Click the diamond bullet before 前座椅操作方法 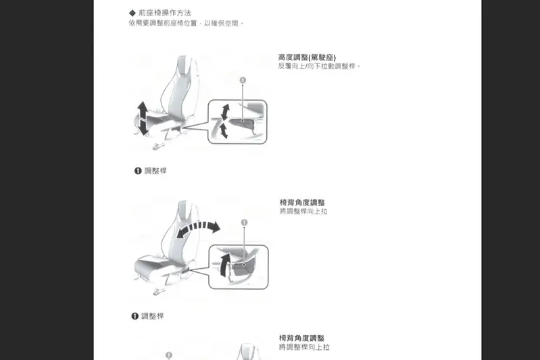[x=132, y=13]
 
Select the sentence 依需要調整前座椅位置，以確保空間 [x=185, y=23]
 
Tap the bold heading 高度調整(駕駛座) [x=307, y=57]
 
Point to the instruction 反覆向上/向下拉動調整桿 [x=319, y=66]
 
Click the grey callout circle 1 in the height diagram [x=243, y=80]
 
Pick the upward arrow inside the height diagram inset [x=226, y=111]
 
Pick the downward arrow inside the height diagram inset [x=224, y=132]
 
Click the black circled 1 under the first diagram [x=138, y=171]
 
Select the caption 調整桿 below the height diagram [x=155, y=171]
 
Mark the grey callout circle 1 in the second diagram [x=244, y=222]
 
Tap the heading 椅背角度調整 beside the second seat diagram [x=302, y=203]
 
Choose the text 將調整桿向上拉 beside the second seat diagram [x=303, y=211]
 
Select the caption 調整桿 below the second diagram [x=153, y=316]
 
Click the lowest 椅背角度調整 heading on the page [x=302, y=338]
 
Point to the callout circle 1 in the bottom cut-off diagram [x=169, y=355]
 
